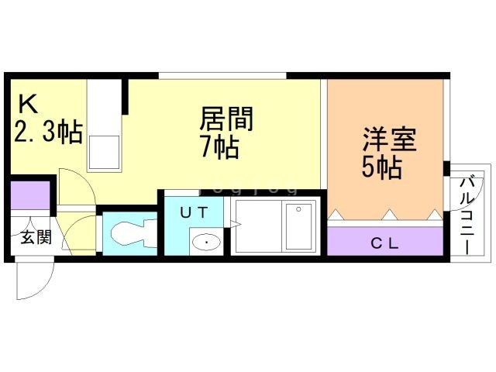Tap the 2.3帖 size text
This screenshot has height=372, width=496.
(x=48, y=133)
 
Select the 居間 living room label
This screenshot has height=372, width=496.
(x=227, y=120)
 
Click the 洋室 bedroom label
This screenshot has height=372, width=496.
(x=391, y=140)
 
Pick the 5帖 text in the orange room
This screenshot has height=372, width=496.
(x=382, y=167)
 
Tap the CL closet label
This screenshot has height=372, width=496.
(x=384, y=242)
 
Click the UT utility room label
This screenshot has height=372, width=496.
(x=192, y=210)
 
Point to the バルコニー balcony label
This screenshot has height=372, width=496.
(x=467, y=212)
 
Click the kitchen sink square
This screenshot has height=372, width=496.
(x=105, y=152)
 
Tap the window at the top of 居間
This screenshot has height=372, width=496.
(x=222, y=75)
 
